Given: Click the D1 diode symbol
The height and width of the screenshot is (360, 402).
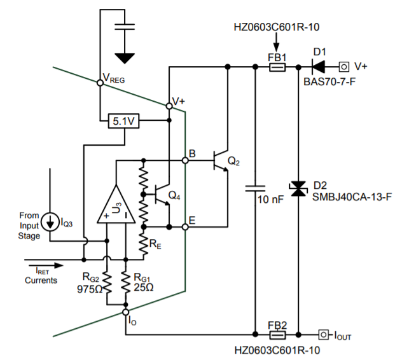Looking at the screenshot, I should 318,66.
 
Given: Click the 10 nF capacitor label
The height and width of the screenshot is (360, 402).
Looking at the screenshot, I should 270,199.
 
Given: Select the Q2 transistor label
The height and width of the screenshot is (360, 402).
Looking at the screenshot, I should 234,162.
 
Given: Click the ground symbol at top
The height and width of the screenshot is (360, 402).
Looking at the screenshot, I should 126,59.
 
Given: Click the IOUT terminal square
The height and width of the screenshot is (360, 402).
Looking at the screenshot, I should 323,333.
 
